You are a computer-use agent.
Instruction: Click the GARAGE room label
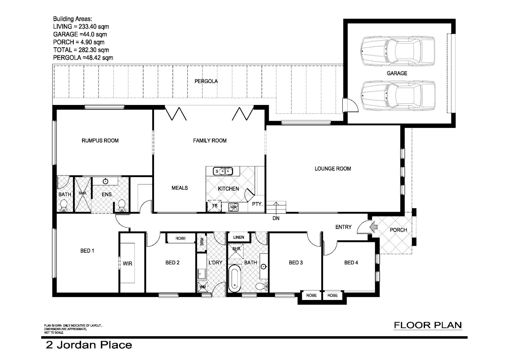click(397, 73)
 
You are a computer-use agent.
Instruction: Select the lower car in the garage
click(398, 95)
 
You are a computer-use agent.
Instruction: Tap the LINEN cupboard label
click(239, 237)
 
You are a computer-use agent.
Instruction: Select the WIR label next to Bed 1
click(127, 264)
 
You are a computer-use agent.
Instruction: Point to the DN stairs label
click(276, 218)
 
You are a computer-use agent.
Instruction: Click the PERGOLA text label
click(206, 81)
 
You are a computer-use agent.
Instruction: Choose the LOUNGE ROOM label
click(333, 169)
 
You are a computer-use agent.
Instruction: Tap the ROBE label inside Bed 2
click(181, 238)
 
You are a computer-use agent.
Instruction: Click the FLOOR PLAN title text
click(428, 325)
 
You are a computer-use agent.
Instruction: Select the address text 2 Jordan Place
click(89, 345)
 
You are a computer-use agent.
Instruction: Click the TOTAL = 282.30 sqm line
click(81, 50)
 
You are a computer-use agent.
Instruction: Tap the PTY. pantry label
click(257, 204)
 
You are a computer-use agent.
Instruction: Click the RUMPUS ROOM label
click(100, 141)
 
